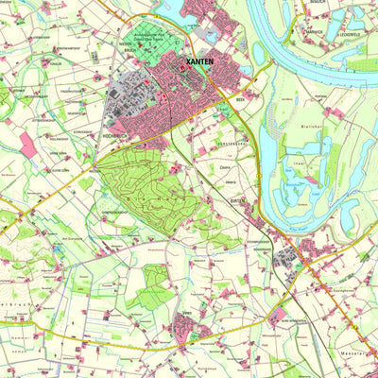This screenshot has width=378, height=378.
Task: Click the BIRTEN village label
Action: (236, 201)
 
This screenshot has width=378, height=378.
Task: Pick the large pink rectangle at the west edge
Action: (28, 145)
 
